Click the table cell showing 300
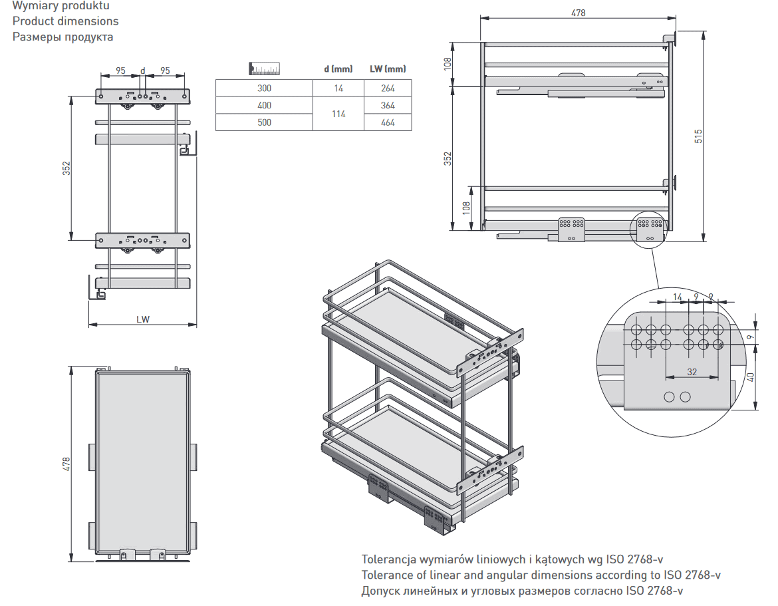point(264,88)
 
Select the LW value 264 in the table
point(388,88)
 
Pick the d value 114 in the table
point(338,114)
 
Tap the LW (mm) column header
point(388,69)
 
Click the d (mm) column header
point(338,69)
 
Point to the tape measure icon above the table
point(265,69)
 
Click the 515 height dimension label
point(698,136)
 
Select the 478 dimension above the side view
point(578,13)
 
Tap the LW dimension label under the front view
point(143,319)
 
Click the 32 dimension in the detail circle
point(692,372)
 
